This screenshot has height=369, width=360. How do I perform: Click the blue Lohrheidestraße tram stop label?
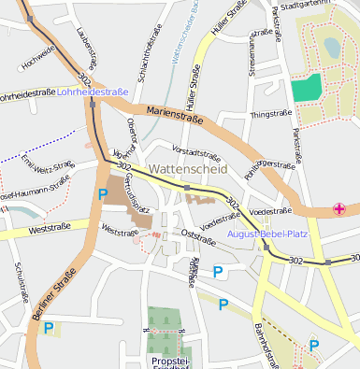click(x=93, y=92)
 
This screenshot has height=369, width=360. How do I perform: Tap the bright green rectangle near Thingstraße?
click(x=306, y=88)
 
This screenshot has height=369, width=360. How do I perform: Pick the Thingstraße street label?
click(x=270, y=113)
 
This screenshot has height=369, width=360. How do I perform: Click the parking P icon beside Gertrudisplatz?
click(x=102, y=194)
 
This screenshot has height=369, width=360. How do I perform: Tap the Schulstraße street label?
click(x=21, y=280)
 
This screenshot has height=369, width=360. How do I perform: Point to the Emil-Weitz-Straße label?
click(x=46, y=171)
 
